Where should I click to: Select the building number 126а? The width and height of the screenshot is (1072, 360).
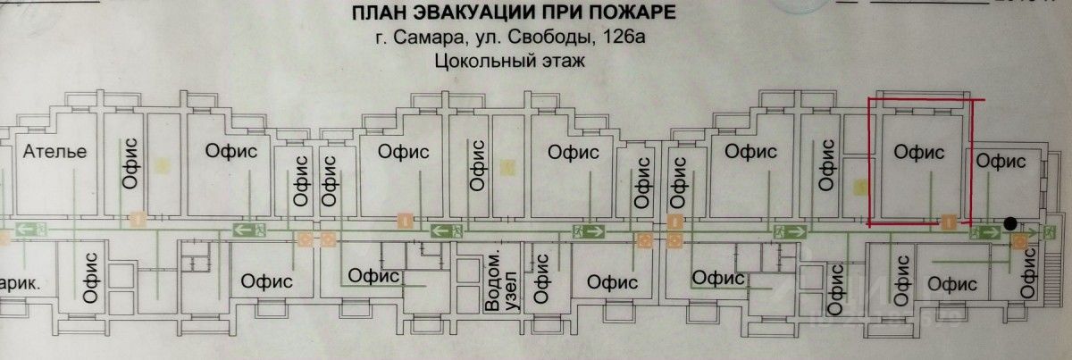624,38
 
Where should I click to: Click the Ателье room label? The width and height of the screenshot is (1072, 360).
55,151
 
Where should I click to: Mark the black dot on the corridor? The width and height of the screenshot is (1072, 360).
1009,224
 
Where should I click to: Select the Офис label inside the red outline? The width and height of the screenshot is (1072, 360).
920,153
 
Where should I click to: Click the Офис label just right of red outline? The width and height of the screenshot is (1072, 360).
1000,161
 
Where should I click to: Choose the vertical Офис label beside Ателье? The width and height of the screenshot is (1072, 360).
126,161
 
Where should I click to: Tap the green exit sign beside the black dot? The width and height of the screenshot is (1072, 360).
984,233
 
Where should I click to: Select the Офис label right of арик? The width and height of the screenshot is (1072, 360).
89,280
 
